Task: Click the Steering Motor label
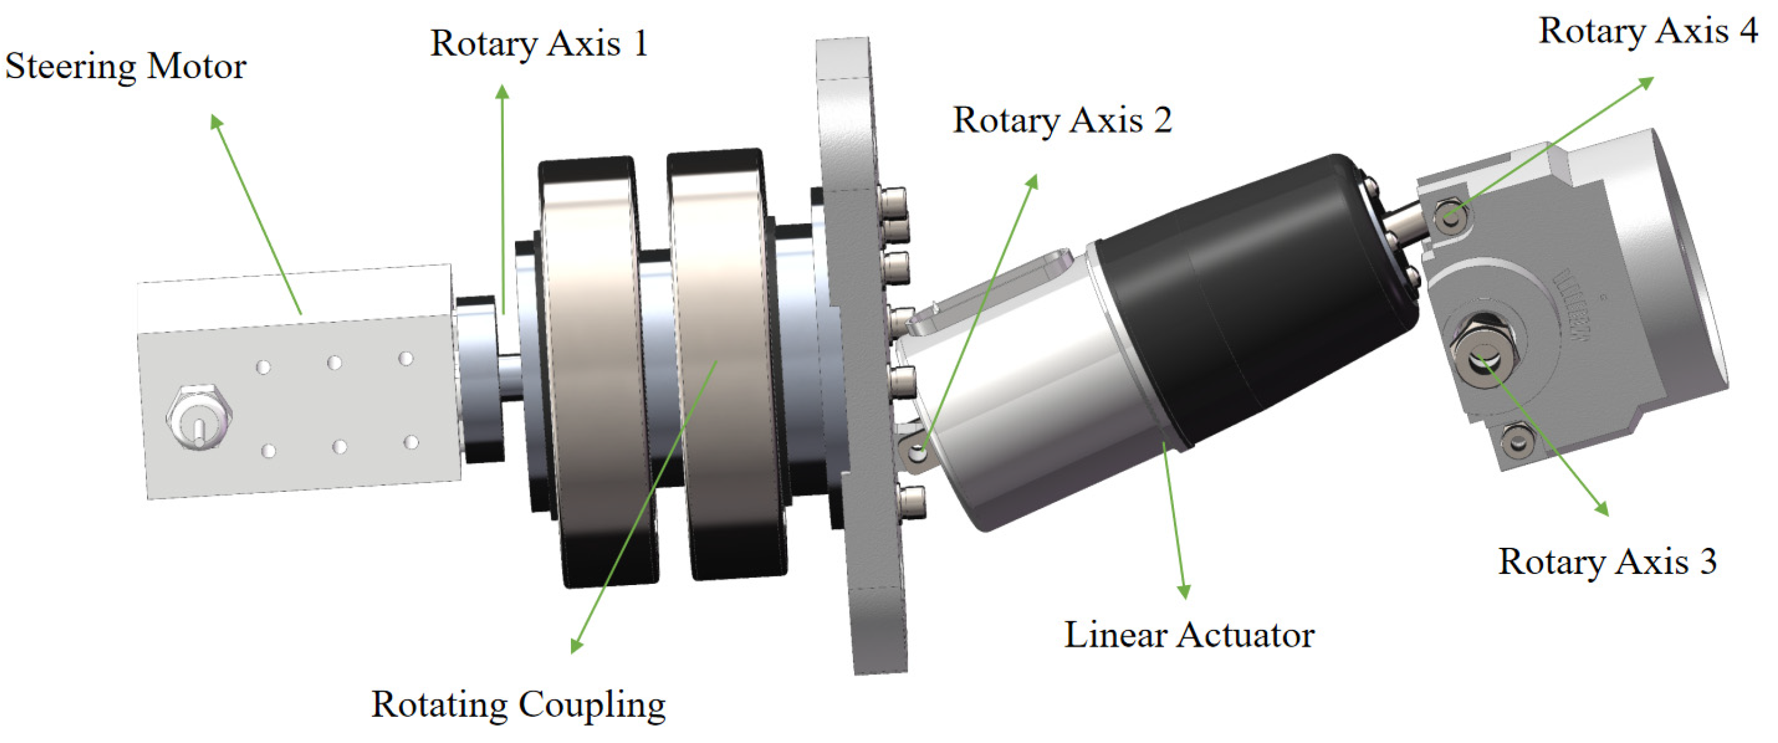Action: coord(125,68)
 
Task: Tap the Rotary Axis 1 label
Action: coord(539,44)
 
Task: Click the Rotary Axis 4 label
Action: coord(1648,31)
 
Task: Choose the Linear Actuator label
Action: coord(1189,635)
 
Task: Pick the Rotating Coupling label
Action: coord(518,705)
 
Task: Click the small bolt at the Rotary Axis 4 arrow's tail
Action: coord(1450,217)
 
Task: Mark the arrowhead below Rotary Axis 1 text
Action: coord(503,91)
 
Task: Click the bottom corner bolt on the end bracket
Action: coord(1518,440)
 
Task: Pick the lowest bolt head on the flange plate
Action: coord(911,499)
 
